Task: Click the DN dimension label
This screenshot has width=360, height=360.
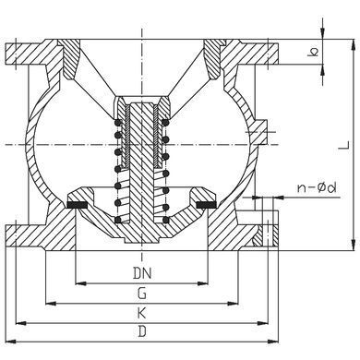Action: [142, 273]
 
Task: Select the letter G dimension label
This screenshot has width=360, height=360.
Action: [142, 294]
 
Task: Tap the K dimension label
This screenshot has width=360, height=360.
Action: [141, 313]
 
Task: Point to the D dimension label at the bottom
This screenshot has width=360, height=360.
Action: [142, 331]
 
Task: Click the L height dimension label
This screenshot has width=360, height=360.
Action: [344, 145]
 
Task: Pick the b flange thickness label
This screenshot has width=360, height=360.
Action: [313, 53]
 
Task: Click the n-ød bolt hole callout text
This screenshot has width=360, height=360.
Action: [317, 187]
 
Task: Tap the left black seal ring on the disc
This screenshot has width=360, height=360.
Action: [78, 205]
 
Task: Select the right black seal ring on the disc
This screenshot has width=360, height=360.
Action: [207, 205]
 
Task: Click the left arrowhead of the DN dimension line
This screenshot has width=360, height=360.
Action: [80, 283]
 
